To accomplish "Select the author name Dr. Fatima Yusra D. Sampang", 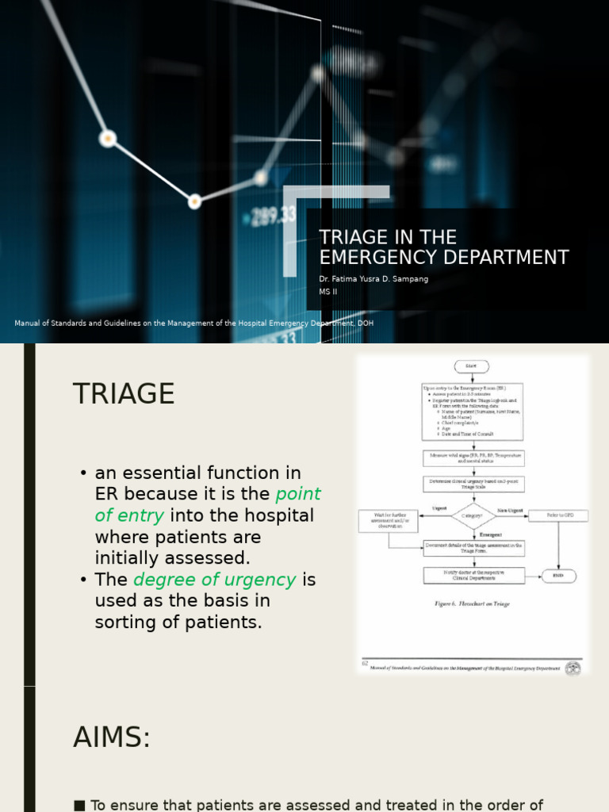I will [x=373, y=279].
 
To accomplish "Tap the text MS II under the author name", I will [x=328, y=292].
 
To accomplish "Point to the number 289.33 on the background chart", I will [x=274, y=214].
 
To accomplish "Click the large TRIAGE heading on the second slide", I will [x=124, y=394].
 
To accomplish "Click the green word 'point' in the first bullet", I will [x=298, y=494].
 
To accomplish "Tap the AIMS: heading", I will [x=112, y=737].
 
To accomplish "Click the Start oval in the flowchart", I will [x=471, y=366].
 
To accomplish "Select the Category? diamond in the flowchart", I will [x=473, y=515].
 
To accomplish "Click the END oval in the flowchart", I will [x=558, y=576].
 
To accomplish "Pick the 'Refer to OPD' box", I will [x=558, y=515].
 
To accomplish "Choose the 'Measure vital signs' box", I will [x=473, y=458].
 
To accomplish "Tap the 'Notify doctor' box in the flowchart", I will [x=473, y=575].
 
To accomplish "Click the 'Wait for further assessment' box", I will [x=388, y=521].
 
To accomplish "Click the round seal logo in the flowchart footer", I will [x=573, y=668].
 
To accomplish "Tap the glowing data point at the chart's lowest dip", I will [x=194, y=201].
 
